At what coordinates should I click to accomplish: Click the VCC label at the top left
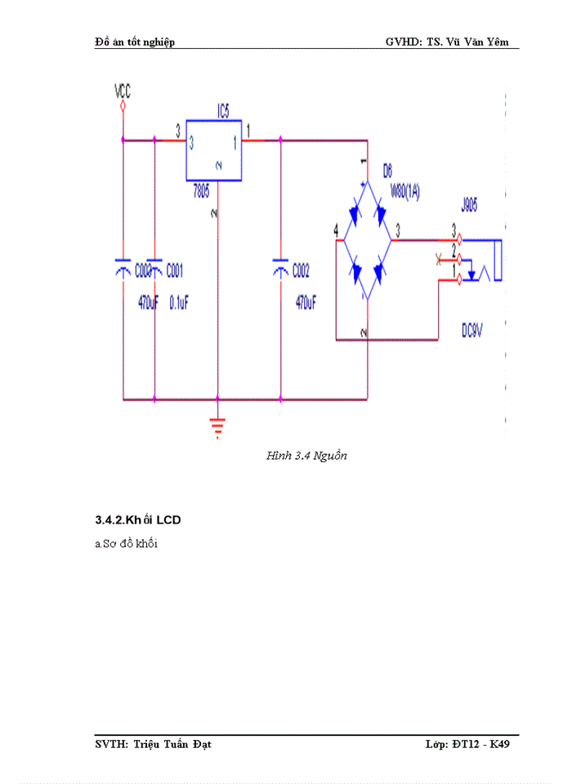[123, 88]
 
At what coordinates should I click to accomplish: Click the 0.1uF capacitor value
[178, 301]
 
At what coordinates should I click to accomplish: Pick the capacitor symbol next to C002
[280, 265]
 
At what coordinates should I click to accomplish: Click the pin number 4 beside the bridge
[336, 233]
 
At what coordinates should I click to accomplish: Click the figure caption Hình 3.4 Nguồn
[306, 456]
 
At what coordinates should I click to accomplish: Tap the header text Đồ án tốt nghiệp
[134, 42]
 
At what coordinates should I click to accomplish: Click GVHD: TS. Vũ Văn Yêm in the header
[452, 42]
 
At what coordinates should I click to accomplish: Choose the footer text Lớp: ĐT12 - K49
[467, 744]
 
